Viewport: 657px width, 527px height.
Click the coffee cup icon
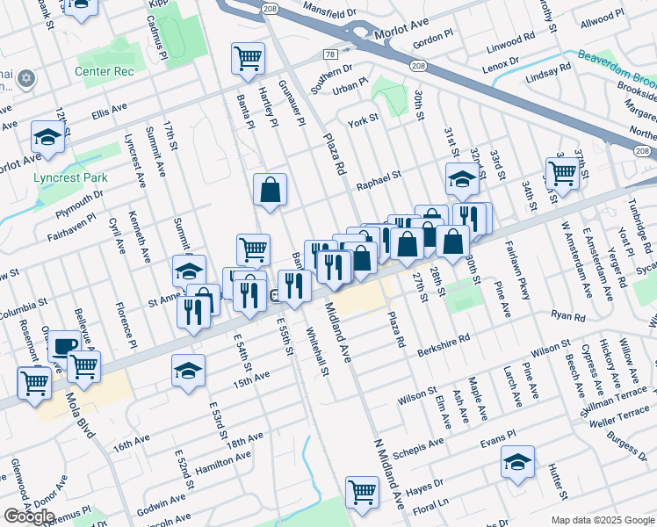point(63,345)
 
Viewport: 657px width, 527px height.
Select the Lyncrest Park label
point(70,177)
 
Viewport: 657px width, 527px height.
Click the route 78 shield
point(330,54)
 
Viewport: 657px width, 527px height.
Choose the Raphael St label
point(379,175)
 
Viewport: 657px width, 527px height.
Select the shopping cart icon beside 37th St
point(561,171)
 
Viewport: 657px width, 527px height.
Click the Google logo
point(29,516)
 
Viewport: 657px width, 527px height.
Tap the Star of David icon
point(25,79)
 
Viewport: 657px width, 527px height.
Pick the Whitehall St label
point(316,352)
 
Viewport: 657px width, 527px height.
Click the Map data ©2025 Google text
point(603,520)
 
